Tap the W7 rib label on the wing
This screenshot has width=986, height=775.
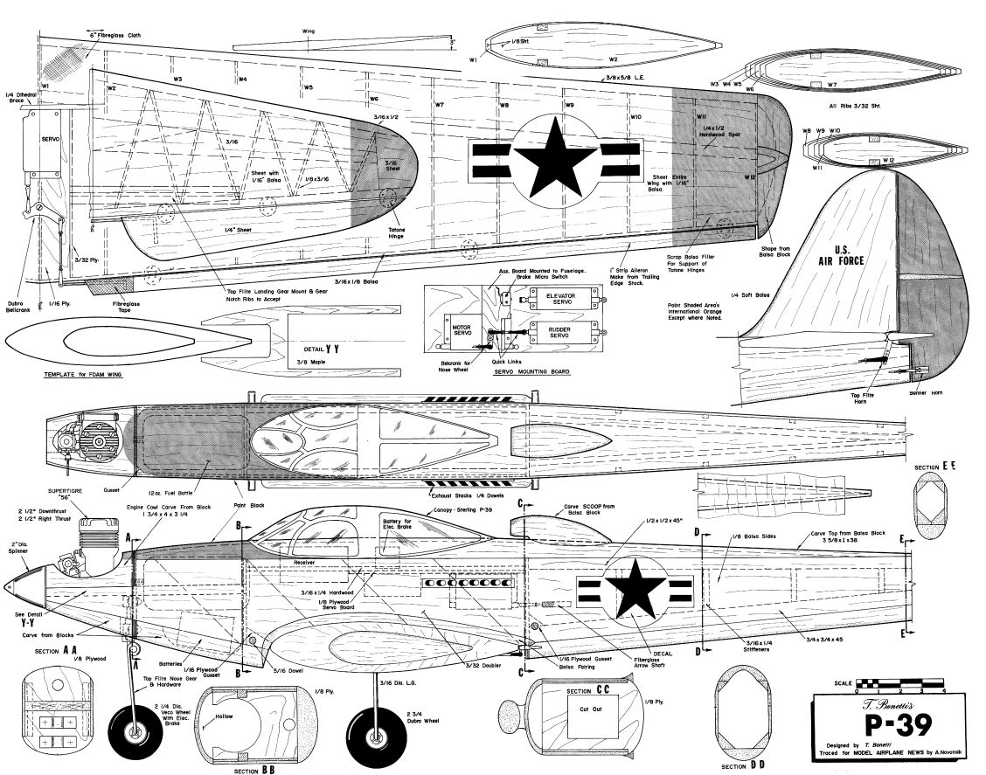[439, 105]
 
